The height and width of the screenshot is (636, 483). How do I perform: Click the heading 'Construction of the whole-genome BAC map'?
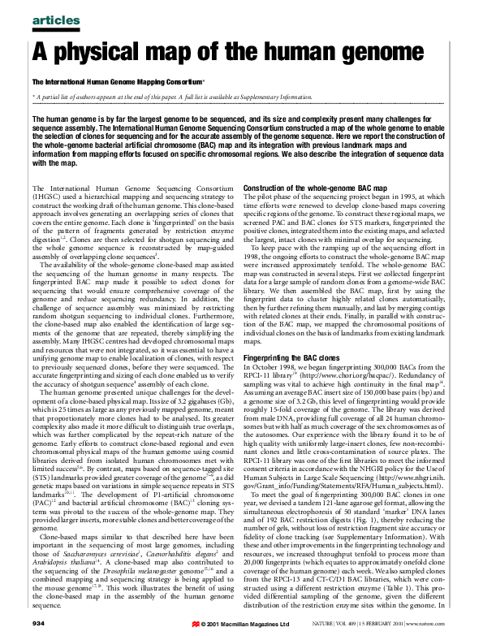click(313, 188)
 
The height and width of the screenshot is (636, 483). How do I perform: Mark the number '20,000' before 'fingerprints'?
click(256, 543)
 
